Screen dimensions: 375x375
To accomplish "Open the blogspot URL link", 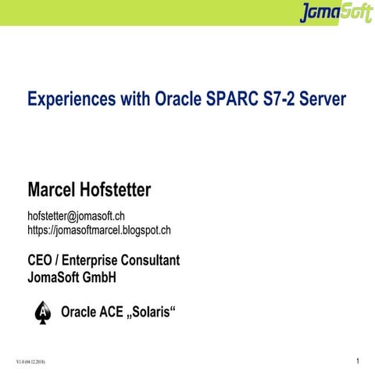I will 99,230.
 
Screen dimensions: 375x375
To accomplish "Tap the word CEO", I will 42,260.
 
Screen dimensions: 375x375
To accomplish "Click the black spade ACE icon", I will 42,312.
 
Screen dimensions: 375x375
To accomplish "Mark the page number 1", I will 355,362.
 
